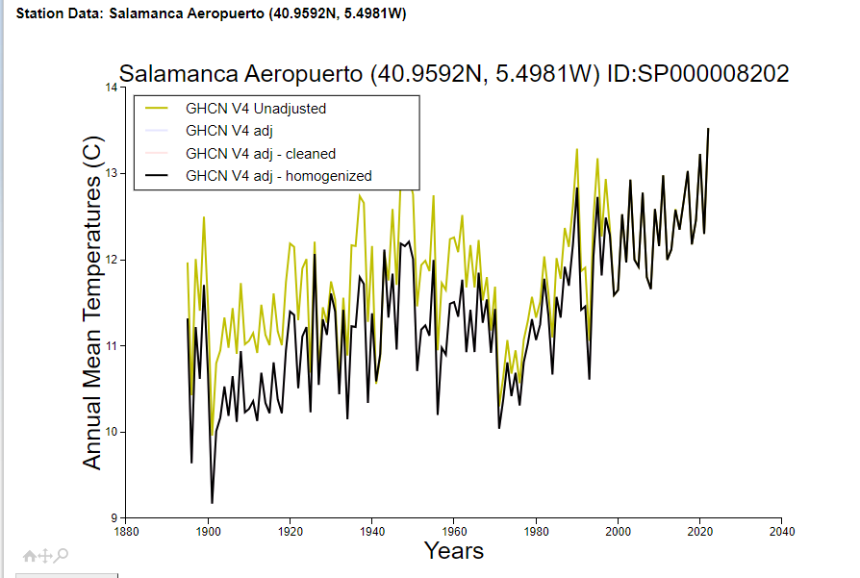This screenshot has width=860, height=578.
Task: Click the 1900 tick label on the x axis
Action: coord(208,530)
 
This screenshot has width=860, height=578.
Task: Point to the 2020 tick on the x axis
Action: coord(700,530)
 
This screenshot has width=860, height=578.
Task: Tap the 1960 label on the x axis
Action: coord(454,530)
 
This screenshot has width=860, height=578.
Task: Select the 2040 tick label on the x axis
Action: coord(782,530)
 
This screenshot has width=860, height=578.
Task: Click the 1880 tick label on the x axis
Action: coord(126,530)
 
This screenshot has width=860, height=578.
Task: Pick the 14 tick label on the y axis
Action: coord(112,88)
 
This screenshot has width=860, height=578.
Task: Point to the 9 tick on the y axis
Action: coord(115,518)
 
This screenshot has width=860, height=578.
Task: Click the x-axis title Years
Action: coord(453,551)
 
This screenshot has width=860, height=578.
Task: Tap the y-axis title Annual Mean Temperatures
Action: coord(92,304)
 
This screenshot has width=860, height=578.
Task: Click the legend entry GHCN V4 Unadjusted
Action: coord(255,109)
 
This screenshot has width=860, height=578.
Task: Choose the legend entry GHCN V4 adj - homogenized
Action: coord(278,176)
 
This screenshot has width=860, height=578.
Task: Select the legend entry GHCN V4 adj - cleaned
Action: coord(260,154)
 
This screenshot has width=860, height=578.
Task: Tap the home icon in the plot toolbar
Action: coord(30,555)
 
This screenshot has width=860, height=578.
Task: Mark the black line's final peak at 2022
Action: coord(708,129)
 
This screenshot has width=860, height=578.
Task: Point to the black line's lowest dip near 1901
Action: coord(212,503)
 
